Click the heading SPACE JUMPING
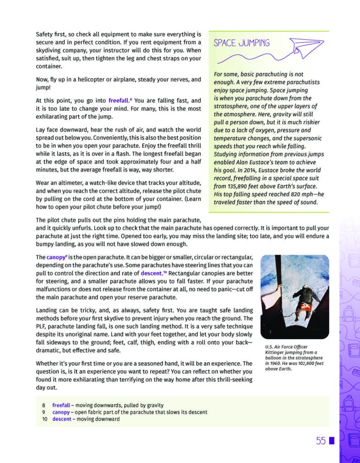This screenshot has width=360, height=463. tap(242, 43)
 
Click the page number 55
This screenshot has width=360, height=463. tap(321, 441)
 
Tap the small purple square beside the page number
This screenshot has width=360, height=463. tap(332, 441)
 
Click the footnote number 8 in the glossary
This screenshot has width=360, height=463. tap(43, 405)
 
